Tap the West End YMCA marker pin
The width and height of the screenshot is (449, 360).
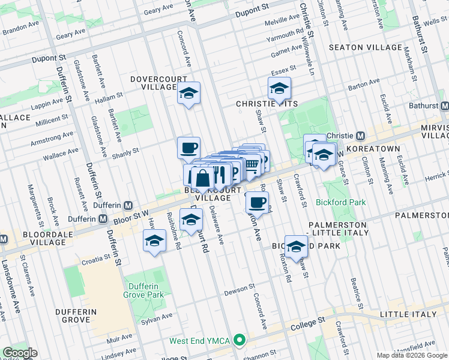point(240,341)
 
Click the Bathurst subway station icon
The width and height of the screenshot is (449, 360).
point(444,106)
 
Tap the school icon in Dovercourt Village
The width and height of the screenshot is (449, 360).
point(188,94)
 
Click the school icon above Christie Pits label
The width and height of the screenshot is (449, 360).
point(279,89)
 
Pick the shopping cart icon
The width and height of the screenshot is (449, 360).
point(253,164)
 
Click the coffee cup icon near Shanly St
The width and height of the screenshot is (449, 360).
point(188,148)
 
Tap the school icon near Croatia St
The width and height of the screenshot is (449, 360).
point(154,241)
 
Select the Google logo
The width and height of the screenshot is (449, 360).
point(19,353)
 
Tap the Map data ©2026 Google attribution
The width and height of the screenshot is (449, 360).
point(411,355)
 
